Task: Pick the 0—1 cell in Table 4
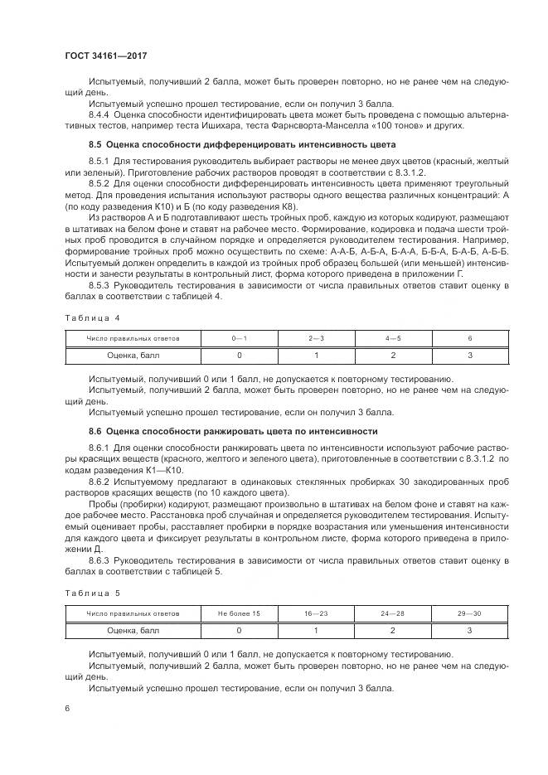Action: coord(239,338)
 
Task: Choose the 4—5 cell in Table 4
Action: coord(393,338)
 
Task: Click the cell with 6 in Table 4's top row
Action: coord(470,338)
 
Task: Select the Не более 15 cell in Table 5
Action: coord(239,613)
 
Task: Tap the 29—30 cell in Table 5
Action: coord(470,613)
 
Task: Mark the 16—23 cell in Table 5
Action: coord(316,613)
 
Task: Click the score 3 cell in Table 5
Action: coord(470,630)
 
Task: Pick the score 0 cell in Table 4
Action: coord(239,355)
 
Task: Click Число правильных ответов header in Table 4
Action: coord(133,338)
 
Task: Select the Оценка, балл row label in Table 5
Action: coord(133,630)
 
